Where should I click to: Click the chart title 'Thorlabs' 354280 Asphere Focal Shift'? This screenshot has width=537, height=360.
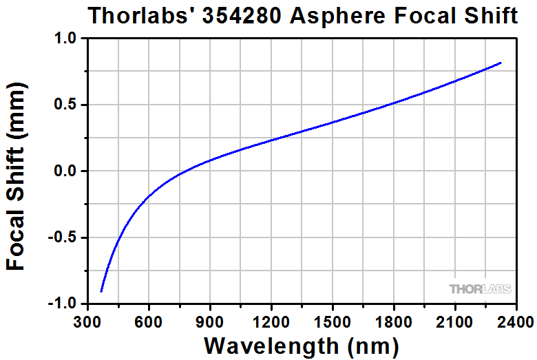point(302,16)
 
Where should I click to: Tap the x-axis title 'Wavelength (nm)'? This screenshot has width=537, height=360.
point(302,344)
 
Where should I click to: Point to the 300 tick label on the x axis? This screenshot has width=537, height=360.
point(87,322)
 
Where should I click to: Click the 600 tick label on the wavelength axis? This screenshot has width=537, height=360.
point(149,322)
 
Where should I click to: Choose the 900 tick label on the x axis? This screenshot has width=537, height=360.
point(210,322)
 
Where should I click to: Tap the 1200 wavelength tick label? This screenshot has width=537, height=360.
point(271,322)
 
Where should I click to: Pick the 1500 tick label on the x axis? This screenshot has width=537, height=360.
point(333,322)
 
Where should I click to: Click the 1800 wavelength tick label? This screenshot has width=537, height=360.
point(394,322)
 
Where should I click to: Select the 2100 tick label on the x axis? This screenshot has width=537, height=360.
point(455,322)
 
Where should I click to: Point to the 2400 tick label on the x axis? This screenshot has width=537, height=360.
point(516,322)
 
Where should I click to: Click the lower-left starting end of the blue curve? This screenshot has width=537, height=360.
point(101,292)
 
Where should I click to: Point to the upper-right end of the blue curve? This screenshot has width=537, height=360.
point(501,63)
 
